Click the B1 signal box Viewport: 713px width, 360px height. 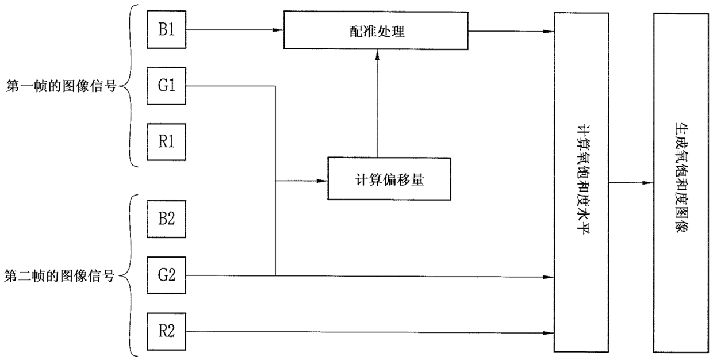coord(167,30)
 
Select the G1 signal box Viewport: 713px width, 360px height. coord(167,87)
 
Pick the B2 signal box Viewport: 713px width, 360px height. coord(167,219)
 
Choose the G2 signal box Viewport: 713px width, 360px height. coord(167,275)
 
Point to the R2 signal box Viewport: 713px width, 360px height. coord(167,331)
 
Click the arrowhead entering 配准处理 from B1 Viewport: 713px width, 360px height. coord(279,30)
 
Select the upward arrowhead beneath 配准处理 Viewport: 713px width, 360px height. coord(377,55)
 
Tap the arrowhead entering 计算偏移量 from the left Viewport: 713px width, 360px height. coord(323,181)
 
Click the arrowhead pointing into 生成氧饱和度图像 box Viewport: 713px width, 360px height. coord(649,183)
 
